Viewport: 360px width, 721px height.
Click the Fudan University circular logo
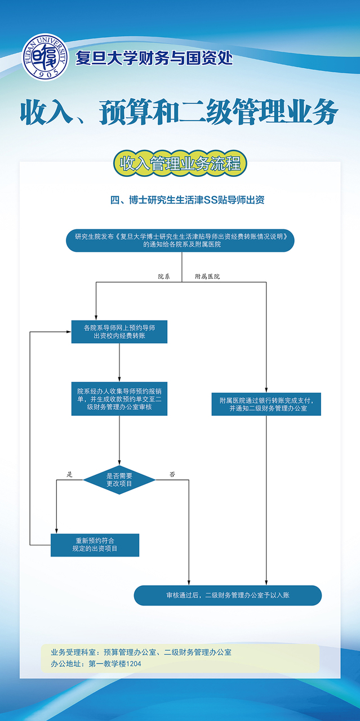point(45,57)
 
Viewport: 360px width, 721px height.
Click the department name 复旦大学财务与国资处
point(154,58)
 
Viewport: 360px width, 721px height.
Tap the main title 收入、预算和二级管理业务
point(179,113)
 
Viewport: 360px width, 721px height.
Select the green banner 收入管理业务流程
point(180,163)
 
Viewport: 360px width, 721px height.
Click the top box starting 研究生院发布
point(180,240)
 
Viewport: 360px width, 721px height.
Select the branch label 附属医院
point(207,277)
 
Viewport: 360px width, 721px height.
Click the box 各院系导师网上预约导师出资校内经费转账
point(119,332)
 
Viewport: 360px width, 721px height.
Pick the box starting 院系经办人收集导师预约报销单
point(119,399)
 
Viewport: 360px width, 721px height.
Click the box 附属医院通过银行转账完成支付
point(266,404)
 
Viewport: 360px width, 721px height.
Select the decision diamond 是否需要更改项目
point(119,480)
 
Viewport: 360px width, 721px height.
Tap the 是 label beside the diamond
point(70,474)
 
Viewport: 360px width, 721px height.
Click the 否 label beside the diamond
point(172,474)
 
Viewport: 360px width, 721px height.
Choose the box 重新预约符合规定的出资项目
point(95,545)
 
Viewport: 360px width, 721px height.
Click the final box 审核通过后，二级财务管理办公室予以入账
point(228,595)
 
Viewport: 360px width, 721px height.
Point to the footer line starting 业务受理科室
point(141,652)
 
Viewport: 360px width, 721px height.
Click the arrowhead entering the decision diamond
point(119,462)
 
